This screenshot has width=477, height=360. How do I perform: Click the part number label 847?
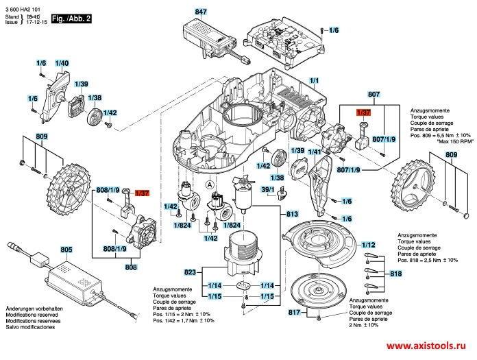click(x=201, y=12)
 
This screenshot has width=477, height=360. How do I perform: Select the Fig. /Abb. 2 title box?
click(x=71, y=19)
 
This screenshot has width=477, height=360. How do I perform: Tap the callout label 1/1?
click(x=314, y=81)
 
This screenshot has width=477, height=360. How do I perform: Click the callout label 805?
click(x=66, y=250)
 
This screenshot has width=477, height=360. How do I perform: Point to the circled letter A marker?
click(x=209, y=184)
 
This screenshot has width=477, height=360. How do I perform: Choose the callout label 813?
click(x=292, y=214)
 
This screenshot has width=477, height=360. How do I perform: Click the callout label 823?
click(x=190, y=272)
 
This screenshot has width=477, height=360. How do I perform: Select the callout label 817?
click(x=294, y=312)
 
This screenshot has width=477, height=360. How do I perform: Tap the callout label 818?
click(x=395, y=274)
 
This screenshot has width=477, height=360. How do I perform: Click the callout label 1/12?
click(x=368, y=245)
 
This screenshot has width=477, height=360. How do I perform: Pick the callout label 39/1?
click(x=268, y=189)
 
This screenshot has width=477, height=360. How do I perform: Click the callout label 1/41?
click(x=315, y=152)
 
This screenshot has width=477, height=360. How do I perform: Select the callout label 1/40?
click(x=62, y=63)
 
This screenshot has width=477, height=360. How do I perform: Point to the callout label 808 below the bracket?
click(x=131, y=267)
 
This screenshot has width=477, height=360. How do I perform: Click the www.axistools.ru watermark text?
click(x=426, y=346)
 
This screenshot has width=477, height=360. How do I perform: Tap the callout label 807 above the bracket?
click(x=374, y=95)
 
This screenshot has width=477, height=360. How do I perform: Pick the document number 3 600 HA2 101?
click(x=23, y=10)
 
